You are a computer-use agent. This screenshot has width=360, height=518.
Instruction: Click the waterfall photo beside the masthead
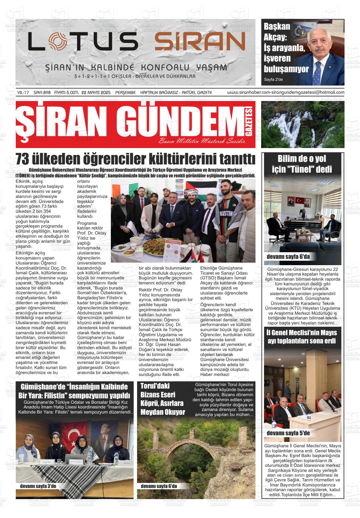303,124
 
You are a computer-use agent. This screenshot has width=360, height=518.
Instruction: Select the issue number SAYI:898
42,92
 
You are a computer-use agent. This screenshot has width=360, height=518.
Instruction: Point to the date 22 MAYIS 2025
96,92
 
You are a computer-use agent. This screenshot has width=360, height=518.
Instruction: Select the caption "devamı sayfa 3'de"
38,486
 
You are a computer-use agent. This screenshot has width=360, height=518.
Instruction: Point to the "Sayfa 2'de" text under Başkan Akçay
273,79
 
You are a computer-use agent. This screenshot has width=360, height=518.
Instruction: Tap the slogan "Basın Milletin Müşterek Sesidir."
202,141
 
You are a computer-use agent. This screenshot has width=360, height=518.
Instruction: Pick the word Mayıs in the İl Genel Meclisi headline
328,333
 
